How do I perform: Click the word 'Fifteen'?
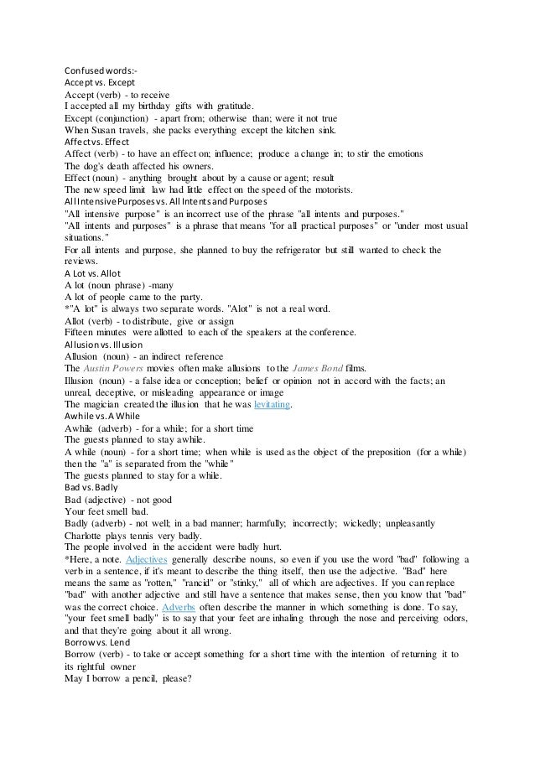[x=82, y=333]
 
